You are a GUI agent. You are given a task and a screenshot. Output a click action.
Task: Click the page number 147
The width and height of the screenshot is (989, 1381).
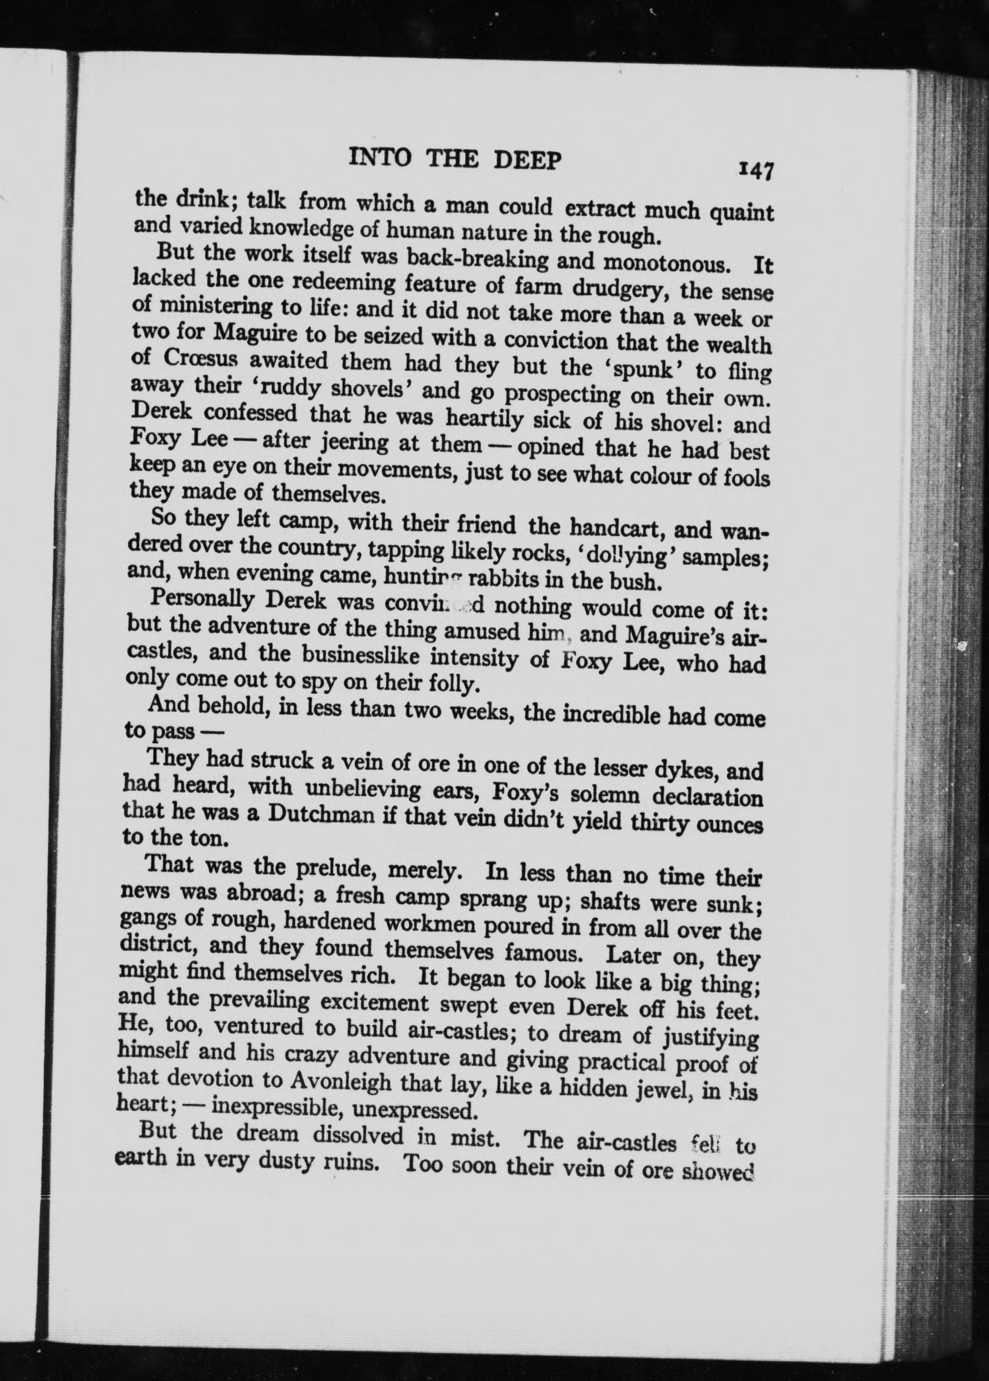pos(755,171)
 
